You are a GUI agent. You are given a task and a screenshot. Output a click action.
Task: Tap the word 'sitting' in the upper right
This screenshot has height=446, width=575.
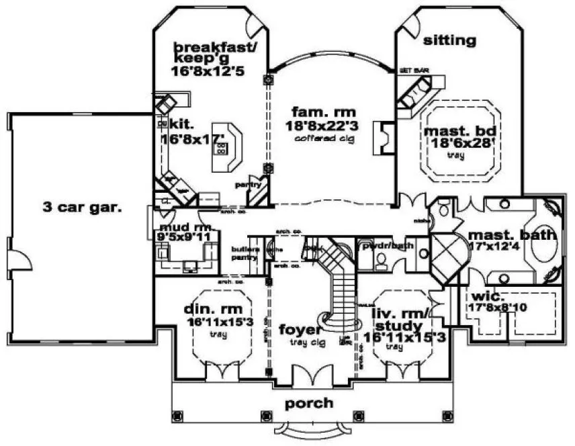449,41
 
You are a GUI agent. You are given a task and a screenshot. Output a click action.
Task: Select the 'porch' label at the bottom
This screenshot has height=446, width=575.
308,403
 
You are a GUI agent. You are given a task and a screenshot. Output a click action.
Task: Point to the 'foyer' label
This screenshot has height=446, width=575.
300,330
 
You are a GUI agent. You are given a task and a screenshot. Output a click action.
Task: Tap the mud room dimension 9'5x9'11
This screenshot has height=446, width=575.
185,236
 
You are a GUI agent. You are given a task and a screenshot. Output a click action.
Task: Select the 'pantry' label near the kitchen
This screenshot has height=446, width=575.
242,184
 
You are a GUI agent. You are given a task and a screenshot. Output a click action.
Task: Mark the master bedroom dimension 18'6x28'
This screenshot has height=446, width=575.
460,143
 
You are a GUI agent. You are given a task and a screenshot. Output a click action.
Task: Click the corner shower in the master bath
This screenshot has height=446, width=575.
446,257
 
